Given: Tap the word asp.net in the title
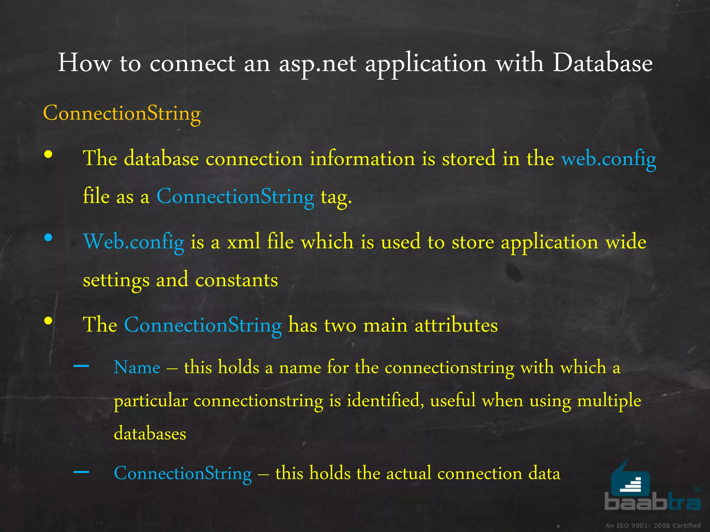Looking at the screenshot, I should (318, 64).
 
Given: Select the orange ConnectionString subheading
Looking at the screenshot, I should (122, 113).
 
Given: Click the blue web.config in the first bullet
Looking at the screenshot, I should (608, 159).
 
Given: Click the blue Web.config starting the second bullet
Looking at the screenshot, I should (133, 242).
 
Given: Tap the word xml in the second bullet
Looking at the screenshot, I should (243, 242).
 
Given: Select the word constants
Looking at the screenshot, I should (236, 280).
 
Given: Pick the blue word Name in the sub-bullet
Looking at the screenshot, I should (137, 367).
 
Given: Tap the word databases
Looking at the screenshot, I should (150, 434).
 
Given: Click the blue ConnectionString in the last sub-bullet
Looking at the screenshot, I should (183, 473).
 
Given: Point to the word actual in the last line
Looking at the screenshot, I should (408, 473).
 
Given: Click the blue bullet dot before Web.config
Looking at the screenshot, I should (48, 238).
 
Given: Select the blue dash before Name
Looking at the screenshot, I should (81, 366).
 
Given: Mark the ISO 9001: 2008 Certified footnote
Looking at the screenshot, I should (653, 525).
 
